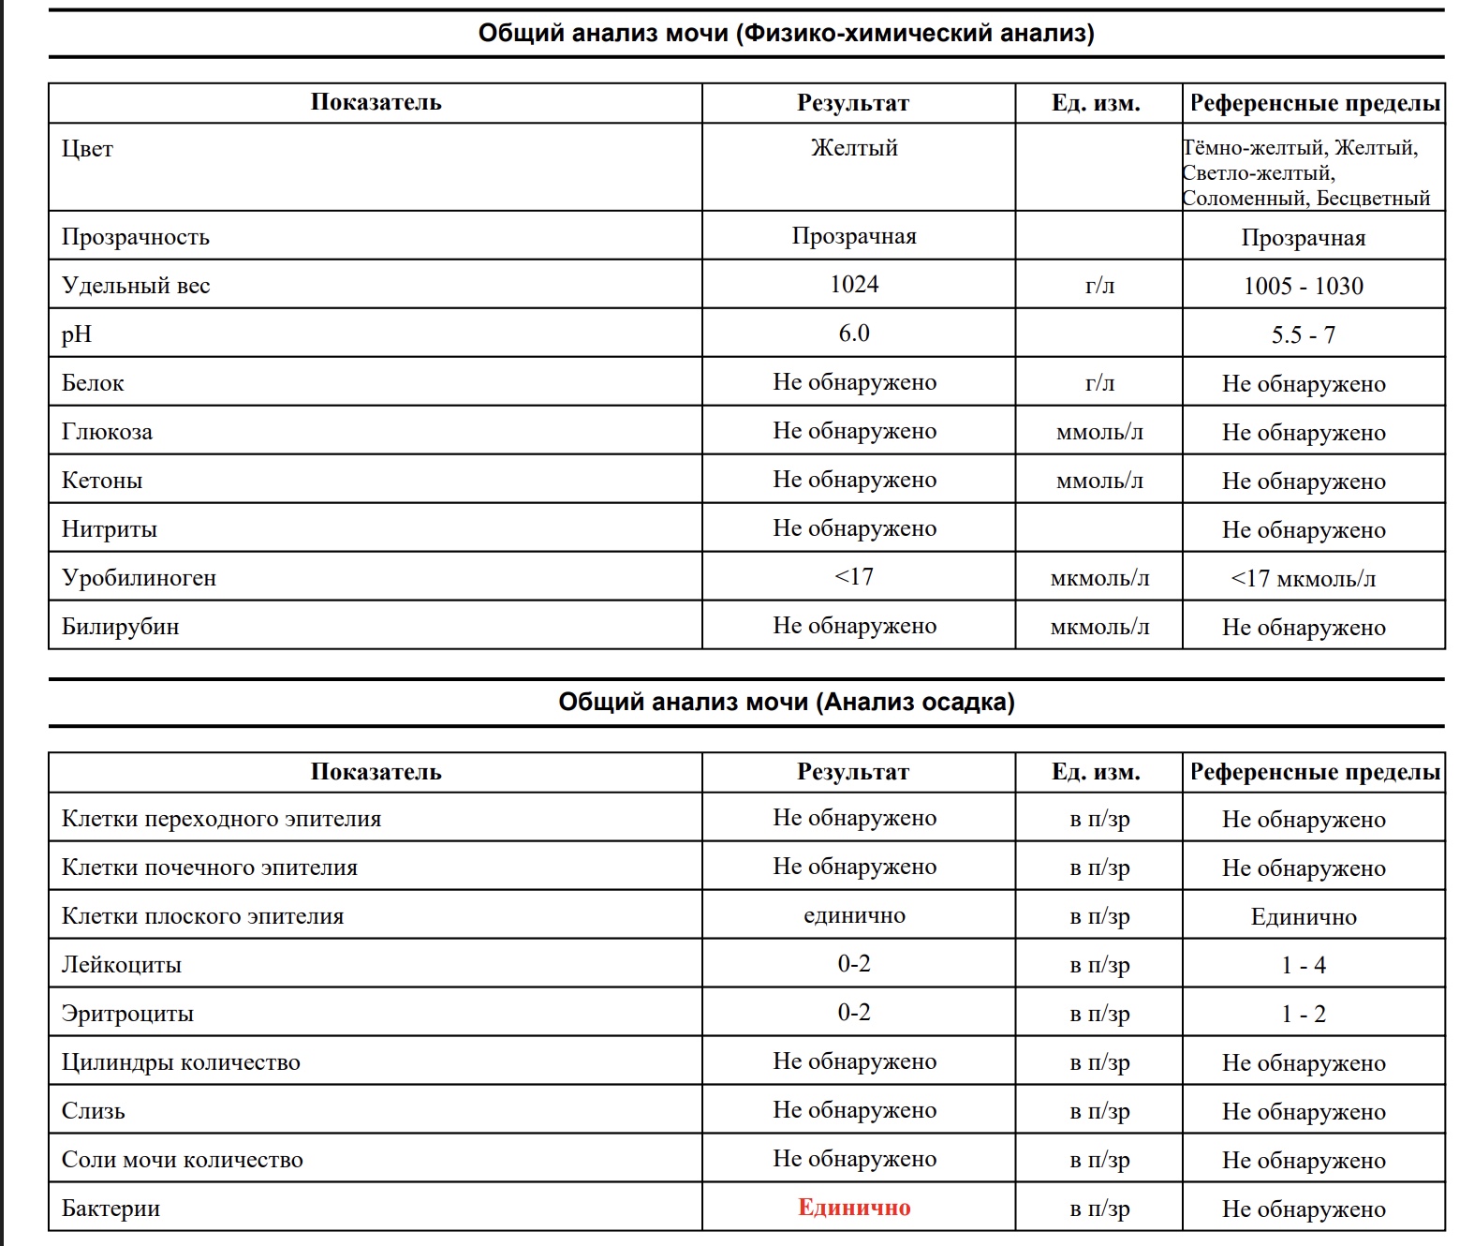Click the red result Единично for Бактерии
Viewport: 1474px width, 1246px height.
click(x=854, y=1208)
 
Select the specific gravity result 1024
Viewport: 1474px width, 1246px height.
click(x=854, y=285)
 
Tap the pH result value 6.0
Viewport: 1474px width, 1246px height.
click(x=854, y=334)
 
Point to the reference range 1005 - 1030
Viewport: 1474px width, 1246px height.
click(x=1303, y=287)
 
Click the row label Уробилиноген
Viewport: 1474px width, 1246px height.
click(x=139, y=578)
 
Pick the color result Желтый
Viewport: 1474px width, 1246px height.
click(x=854, y=148)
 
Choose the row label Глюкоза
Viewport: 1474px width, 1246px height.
click(x=107, y=432)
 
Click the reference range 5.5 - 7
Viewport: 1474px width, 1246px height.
click(x=1303, y=335)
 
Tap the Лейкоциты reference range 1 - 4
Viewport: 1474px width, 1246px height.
click(x=1303, y=966)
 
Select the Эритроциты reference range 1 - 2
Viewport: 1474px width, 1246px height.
click(x=1303, y=1015)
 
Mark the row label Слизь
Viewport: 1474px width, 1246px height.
click(x=93, y=1111)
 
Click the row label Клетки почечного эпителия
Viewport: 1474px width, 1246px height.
click(x=209, y=868)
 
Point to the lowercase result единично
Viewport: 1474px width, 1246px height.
click(x=854, y=916)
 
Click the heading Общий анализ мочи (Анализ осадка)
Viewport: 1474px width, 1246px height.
click(x=787, y=703)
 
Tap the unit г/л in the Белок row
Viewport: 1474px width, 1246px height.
click(x=1099, y=383)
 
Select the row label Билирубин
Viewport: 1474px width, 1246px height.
click(x=120, y=627)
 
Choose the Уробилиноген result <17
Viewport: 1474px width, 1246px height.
click(x=854, y=577)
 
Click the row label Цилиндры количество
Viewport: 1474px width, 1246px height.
click(x=181, y=1062)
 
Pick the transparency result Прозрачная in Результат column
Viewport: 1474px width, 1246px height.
click(x=854, y=236)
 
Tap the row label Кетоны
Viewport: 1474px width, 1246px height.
click(x=102, y=481)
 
